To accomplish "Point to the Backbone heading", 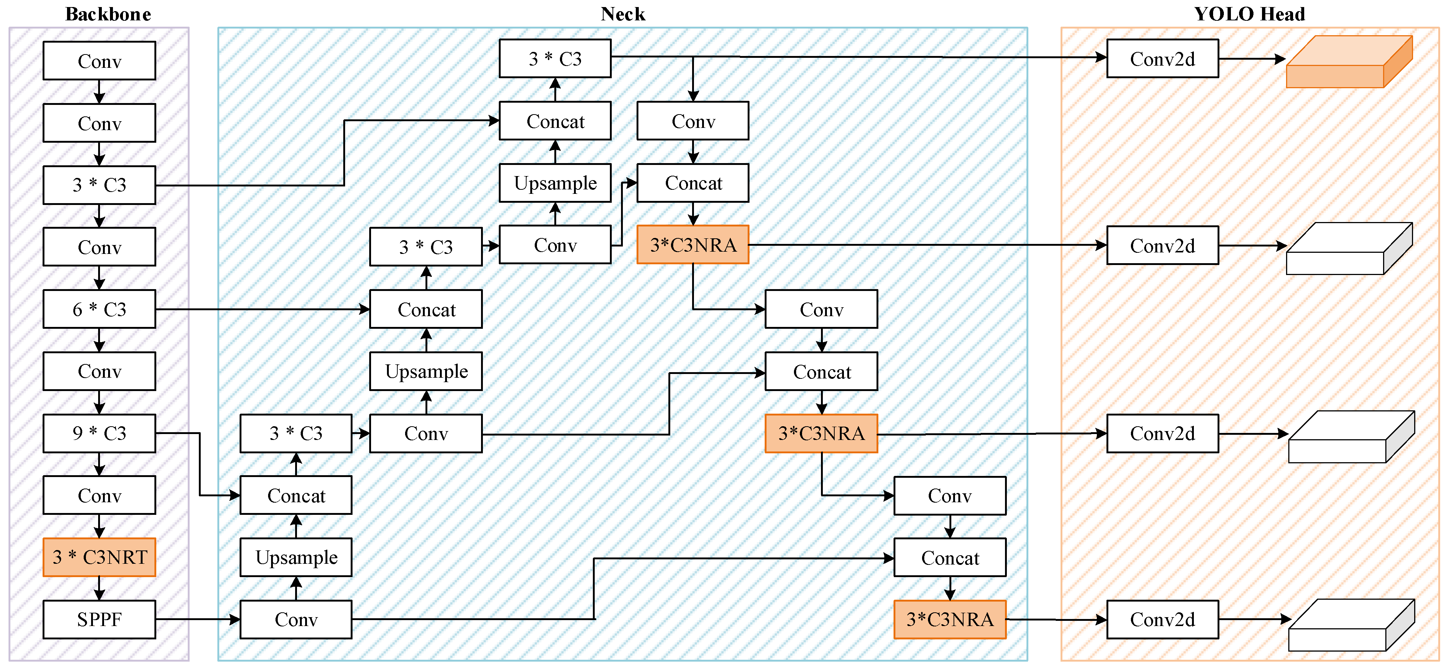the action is pyautogui.click(x=108, y=14).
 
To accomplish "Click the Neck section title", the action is pyautogui.click(x=623, y=14).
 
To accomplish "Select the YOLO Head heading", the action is pyautogui.click(x=1249, y=14).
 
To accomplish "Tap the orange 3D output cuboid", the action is pyautogui.click(x=1349, y=62).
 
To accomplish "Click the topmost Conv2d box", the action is pyautogui.click(x=1163, y=59).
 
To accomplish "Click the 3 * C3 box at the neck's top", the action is pyautogui.click(x=555, y=59).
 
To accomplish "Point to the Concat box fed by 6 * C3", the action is pyautogui.click(x=426, y=309).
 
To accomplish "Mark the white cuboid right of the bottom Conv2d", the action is pyautogui.click(x=1352, y=625).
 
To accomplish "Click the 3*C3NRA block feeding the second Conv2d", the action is pyautogui.click(x=693, y=245).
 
